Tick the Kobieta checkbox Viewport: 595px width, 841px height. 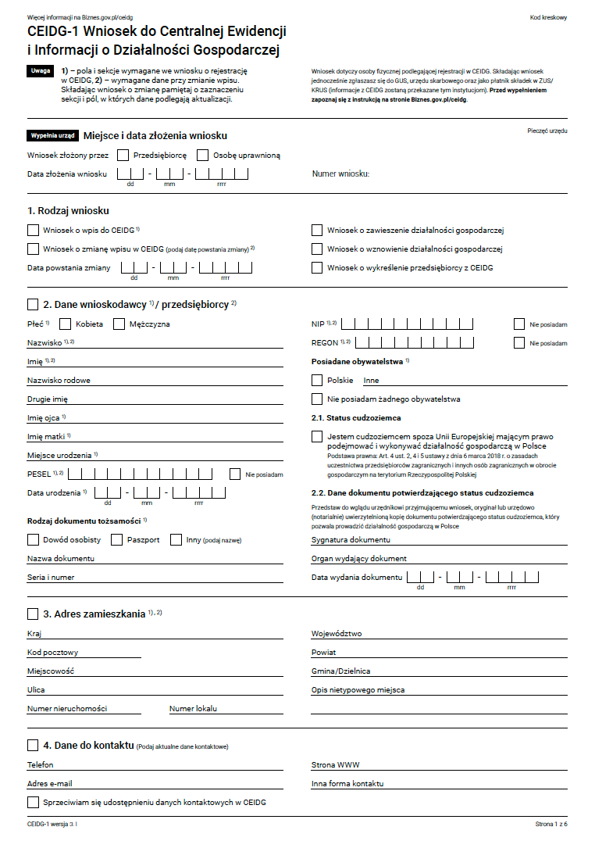[x=66, y=324]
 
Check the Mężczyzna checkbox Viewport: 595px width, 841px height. [x=119, y=324]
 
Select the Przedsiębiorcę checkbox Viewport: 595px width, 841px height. [x=123, y=155]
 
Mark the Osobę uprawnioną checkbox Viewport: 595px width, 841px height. [x=203, y=155]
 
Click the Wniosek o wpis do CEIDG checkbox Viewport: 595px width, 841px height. [x=33, y=230]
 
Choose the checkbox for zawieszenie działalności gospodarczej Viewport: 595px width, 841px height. [x=317, y=230]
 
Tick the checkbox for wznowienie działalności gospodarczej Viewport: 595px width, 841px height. [x=317, y=249]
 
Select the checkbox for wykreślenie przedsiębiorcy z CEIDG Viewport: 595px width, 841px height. [x=317, y=267]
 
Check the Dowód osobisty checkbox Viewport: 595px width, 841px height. [x=33, y=539]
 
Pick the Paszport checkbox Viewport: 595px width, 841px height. [x=117, y=539]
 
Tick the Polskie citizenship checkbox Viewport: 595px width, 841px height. [x=317, y=380]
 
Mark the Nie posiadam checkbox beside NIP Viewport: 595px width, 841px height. [x=519, y=324]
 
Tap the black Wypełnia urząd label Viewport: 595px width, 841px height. [x=52, y=135]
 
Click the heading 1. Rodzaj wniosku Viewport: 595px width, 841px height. [x=68, y=211]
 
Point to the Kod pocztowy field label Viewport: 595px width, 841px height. [x=52, y=652]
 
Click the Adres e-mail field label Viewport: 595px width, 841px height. [x=50, y=783]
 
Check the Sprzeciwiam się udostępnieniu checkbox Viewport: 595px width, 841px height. [x=33, y=802]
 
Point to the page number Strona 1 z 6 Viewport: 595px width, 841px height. [x=550, y=824]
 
